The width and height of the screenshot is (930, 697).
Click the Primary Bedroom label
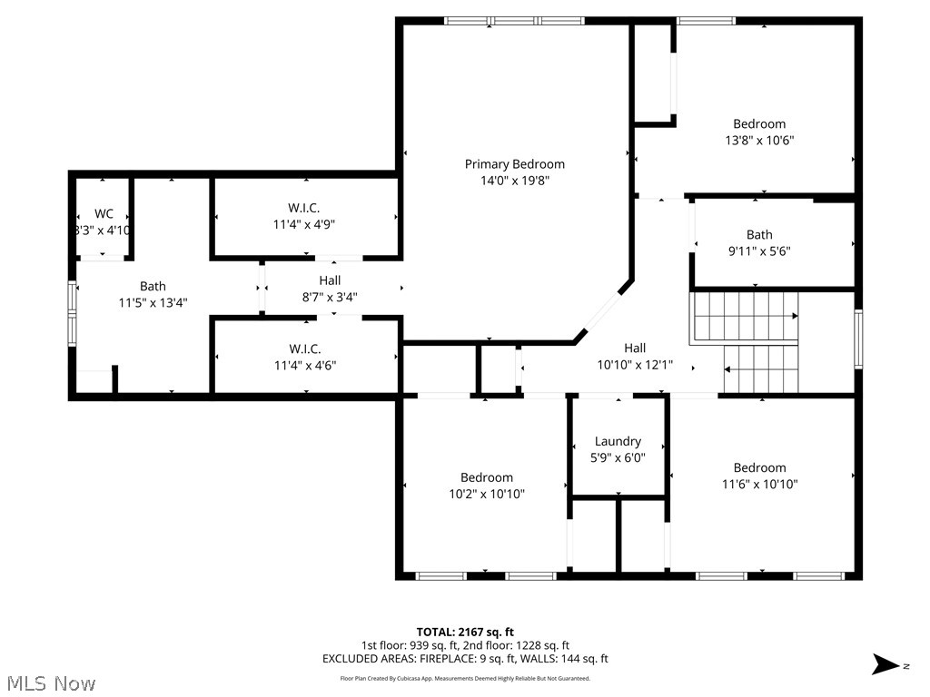(x=514, y=164)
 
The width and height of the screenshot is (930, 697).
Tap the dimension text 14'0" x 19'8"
(x=514, y=181)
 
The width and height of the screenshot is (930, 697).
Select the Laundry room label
(x=618, y=442)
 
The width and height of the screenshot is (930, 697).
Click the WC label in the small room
(x=104, y=214)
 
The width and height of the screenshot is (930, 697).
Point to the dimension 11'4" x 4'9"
(x=304, y=223)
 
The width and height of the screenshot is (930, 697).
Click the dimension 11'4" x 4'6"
(x=304, y=365)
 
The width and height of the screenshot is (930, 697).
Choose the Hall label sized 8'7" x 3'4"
(x=330, y=280)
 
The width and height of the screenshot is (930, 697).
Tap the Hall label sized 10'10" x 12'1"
(x=635, y=348)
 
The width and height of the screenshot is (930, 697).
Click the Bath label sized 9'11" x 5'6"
(x=759, y=235)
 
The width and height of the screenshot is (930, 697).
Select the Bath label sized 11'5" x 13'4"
(x=153, y=287)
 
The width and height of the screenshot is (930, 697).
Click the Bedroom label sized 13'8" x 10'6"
(x=759, y=124)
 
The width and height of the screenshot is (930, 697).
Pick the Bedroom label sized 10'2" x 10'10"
(x=486, y=477)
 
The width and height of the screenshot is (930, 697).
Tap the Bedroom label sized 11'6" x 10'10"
(x=759, y=468)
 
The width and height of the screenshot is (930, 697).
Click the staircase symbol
(x=745, y=343)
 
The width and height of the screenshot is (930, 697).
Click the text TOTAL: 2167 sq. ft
(x=465, y=632)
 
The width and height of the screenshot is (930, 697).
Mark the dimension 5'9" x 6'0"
(x=618, y=458)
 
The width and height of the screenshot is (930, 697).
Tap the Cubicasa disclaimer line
(x=465, y=678)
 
